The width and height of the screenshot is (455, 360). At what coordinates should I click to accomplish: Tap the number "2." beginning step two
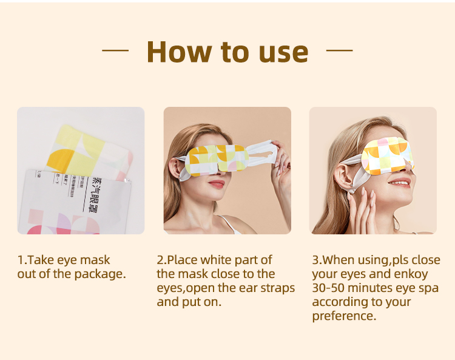(x=161, y=260)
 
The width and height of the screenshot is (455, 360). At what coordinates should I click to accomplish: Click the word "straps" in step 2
(x=277, y=288)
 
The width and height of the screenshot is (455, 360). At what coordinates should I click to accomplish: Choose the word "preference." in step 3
(x=344, y=316)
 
